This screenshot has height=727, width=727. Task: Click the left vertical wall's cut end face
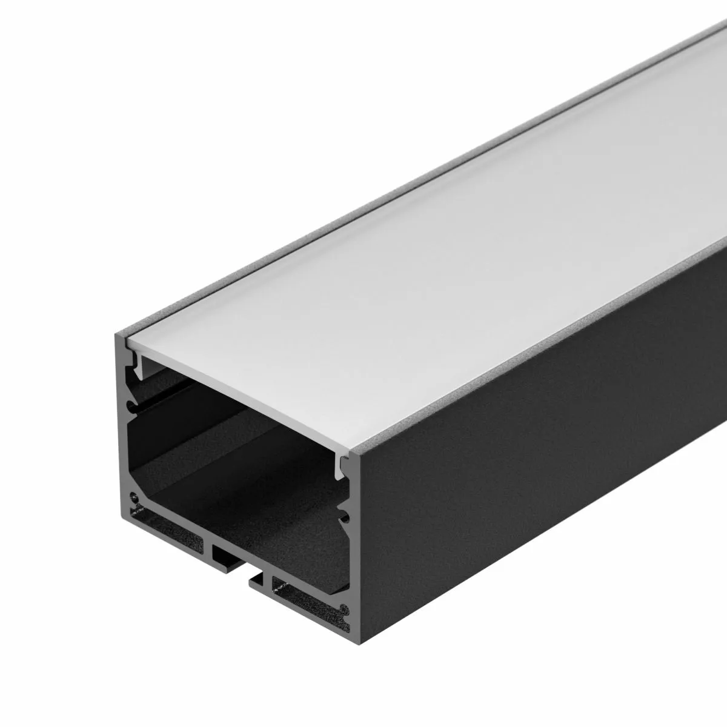click(121, 424)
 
